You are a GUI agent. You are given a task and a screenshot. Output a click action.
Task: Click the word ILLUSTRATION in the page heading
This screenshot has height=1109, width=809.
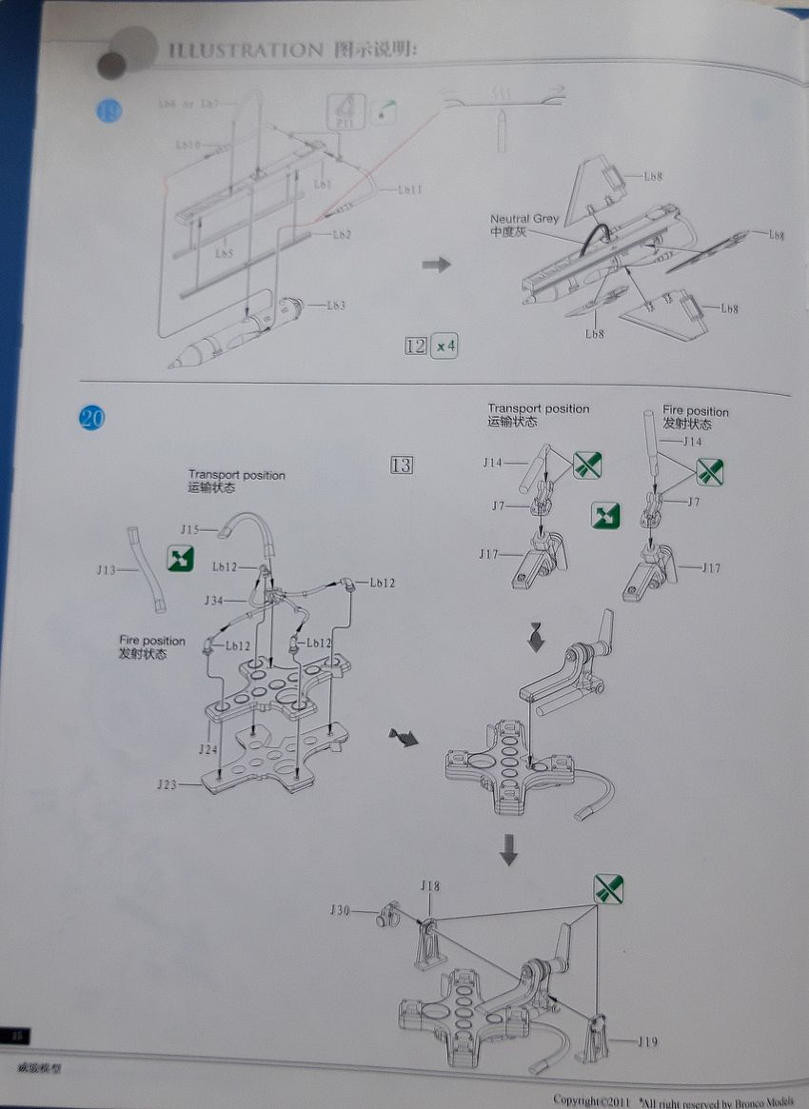245,50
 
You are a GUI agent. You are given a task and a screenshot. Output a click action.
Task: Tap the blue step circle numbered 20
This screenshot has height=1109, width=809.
92,417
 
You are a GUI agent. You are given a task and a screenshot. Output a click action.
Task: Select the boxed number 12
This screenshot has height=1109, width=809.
416,346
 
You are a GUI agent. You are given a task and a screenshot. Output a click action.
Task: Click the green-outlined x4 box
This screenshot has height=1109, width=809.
444,346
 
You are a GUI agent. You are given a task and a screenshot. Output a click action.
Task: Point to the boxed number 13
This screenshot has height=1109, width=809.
401,465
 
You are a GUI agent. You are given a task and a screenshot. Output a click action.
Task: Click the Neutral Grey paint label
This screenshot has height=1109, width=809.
524,219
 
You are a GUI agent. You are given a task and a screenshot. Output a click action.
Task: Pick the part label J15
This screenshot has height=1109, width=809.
190,529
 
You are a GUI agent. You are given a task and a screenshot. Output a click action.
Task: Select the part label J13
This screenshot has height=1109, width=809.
106,570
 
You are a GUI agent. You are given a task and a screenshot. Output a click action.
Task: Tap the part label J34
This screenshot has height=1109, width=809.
213,601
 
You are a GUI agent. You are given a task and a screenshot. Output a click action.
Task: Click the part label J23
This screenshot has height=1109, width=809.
167,784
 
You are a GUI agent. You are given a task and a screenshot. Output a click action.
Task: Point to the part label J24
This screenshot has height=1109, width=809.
208,750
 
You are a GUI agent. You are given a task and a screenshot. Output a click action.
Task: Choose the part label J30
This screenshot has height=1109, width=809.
340,910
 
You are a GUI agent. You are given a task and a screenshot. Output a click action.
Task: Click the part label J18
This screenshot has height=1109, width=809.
430,886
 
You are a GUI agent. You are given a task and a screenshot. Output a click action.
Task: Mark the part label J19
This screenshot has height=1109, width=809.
647,1040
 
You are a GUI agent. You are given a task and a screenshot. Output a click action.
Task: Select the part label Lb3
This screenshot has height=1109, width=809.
335,305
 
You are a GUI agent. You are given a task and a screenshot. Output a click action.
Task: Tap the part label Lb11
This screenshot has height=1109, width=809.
409,189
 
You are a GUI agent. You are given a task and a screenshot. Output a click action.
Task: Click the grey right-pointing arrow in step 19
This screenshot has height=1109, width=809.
436,264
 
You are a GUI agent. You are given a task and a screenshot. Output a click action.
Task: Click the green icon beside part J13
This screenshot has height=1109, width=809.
180,559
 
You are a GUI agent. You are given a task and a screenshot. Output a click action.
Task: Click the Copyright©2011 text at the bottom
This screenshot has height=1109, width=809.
591,1099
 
